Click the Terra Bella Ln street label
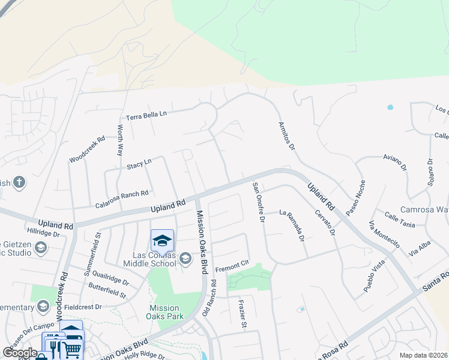[146, 114]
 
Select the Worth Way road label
[120, 136]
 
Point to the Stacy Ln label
[139, 163]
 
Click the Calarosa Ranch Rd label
[122, 199]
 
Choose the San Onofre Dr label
[258, 202]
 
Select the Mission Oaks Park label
[172, 313]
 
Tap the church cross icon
[19, 182]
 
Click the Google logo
[20, 353]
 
